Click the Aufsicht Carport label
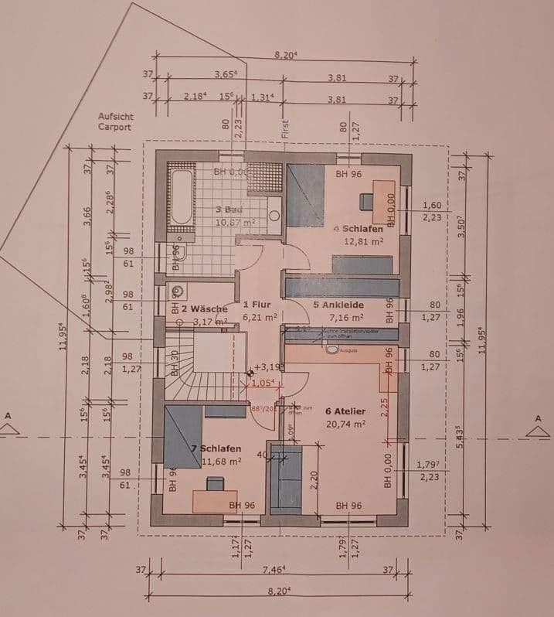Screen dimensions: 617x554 pos(115,121)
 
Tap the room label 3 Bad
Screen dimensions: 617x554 pos(231,210)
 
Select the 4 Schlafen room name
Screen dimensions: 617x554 pos(358,229)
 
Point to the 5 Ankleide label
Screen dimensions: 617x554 pos(338,305)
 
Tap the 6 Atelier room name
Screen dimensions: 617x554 pos(345,411)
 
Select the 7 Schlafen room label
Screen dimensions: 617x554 pos(216,448)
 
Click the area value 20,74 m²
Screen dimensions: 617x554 pos(345,424)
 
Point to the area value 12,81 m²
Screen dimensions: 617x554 pos(363,241)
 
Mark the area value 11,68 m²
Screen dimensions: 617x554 pos(222,461)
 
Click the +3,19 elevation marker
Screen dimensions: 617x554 pos(270,368)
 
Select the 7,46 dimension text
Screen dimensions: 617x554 pos(274,569)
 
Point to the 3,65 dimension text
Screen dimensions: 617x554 pos(226,76)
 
